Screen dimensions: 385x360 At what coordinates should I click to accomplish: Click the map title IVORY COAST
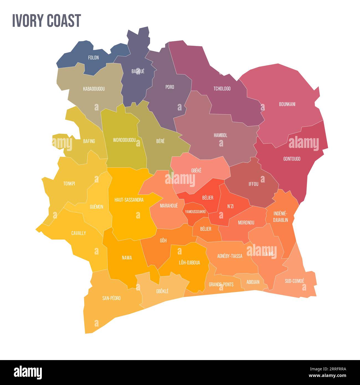[47, 20]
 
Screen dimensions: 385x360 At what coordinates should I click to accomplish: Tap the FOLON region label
[93, 58]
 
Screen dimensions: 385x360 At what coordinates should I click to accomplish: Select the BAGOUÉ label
[138, 71]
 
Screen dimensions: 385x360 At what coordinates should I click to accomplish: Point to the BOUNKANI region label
[287, 104]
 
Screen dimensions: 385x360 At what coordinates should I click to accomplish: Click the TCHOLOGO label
[222, 89]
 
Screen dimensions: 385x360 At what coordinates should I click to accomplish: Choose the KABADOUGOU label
[94, 89]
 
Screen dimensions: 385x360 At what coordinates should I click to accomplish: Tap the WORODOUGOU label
[124, 140]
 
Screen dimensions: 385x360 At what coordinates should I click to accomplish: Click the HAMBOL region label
[220, 135]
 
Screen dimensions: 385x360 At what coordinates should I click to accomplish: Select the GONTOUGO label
[292, 159]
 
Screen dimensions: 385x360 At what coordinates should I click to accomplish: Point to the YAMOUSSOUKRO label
[195, 212]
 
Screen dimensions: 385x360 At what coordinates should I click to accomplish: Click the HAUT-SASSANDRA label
[129, 200]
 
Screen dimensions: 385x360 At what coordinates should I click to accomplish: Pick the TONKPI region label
[69, 183]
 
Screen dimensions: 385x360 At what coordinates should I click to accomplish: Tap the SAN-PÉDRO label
[111, 298]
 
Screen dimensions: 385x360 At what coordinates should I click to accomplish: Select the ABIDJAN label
[253, 282]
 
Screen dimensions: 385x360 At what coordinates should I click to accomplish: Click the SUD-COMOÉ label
[294, 281]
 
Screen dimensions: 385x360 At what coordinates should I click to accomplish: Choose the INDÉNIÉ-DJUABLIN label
[281, 217]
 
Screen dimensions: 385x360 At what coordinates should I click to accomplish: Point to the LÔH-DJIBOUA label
[189, 262]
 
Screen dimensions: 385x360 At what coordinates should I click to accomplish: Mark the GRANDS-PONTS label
[221, 284]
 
